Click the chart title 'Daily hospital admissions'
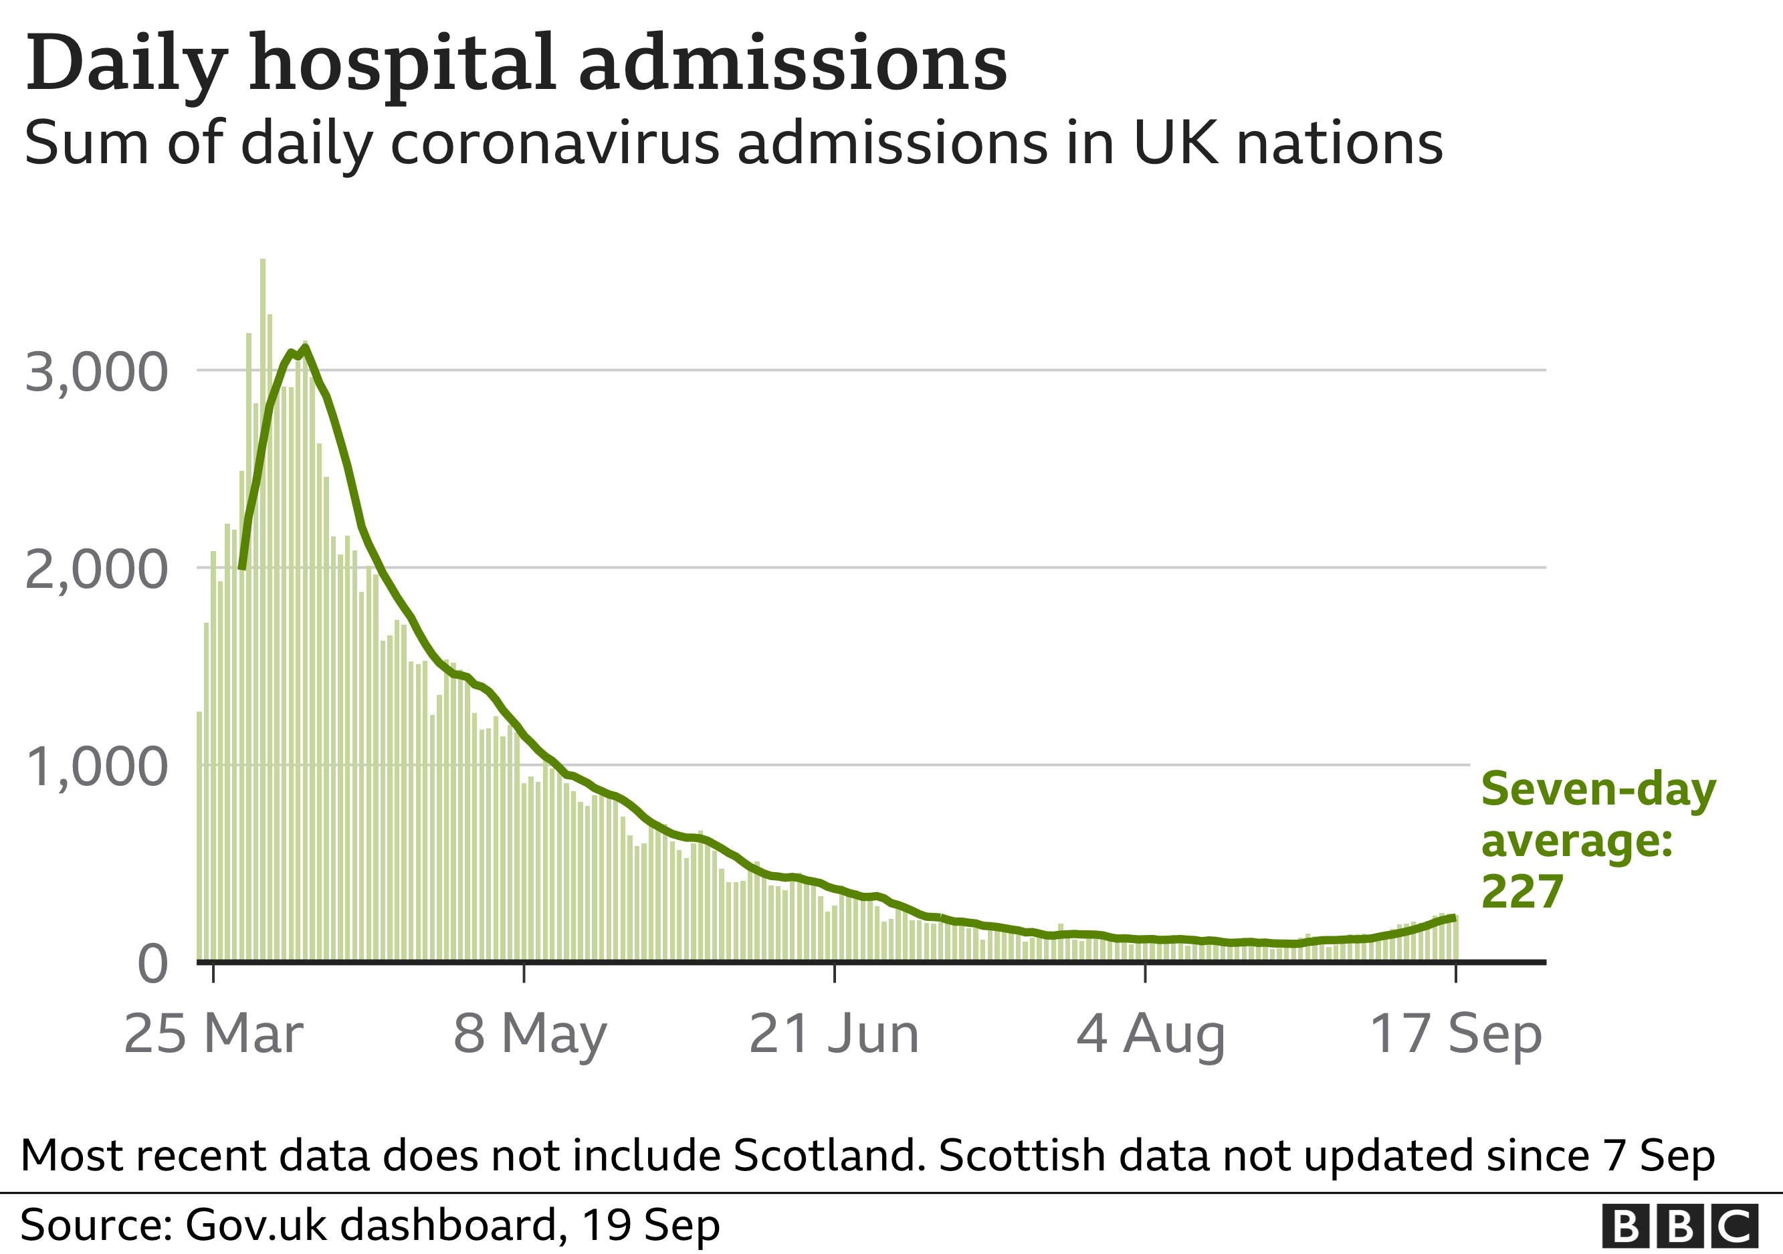click(x=516, y=64)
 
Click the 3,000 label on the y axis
click(x=96, y=372)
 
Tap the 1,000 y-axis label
click(x=96, y=767)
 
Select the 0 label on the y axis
click(x=152, y=965)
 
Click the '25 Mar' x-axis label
click(x=213, y=1034)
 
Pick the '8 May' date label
click(x=530, y=1034)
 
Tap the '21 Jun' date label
click(x=834, y=1034)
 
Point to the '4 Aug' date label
click(x=1150, y=1034)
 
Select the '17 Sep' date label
click(x=1455, y=1034)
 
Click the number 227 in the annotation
click(x=1522, y=892)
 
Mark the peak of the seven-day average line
click(x=305, y=348)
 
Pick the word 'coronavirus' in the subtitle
click(x=554, y=144)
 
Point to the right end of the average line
click(x=1452, y=918)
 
